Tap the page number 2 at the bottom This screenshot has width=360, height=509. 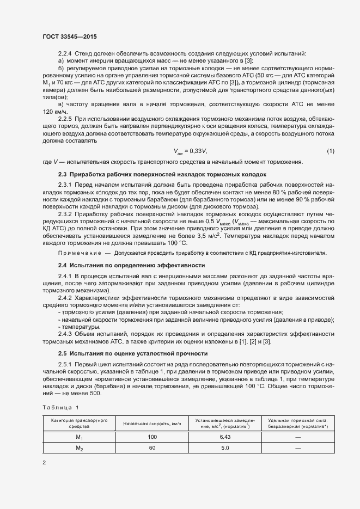[44, 463]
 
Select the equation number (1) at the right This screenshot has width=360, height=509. [330, 151]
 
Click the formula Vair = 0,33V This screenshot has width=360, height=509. [190, 151]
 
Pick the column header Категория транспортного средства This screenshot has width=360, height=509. [79, 424]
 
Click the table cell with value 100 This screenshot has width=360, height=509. [152, 437]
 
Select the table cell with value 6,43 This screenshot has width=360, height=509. [225, 437]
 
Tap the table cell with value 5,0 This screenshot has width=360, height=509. [225, 447]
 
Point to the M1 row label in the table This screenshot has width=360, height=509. [79, 438]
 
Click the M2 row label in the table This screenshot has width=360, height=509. [79, 448]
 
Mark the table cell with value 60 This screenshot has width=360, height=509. [152, 447]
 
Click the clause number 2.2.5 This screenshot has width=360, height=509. [65, 118]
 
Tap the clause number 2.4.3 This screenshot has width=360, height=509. [65, 334]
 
